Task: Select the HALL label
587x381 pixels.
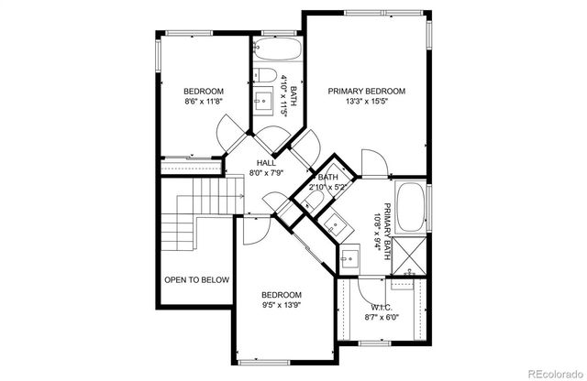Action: tap(266, 162)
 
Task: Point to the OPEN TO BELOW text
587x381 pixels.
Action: tap(196, 279)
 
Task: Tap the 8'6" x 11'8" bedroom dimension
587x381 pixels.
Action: tap(204, 103)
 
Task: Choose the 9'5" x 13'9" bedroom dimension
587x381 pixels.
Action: tap(282, 306)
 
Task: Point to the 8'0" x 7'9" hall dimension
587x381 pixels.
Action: tap(266, 172)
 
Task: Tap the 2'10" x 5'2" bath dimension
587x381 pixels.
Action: tap(327, 186)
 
